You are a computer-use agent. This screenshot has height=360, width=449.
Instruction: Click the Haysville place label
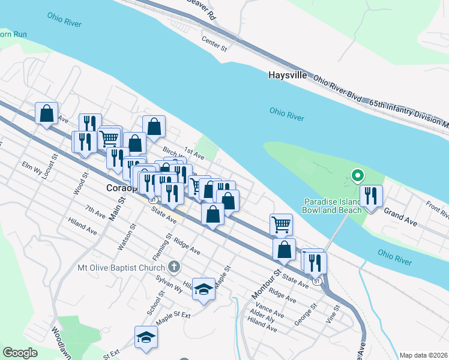[x=288, y=76]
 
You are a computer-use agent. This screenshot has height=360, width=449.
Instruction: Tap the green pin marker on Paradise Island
[x=357, y=176]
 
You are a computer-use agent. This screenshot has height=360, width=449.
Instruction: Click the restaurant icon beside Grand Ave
[x=371, y=196]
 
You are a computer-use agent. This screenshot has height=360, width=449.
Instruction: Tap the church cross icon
[x=174, y=266]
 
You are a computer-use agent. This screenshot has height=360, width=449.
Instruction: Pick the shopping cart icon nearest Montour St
[x=281, y=224]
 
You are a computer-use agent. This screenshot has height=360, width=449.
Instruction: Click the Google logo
[x=20, y=353]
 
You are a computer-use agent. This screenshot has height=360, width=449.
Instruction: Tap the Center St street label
[x=215, y=43]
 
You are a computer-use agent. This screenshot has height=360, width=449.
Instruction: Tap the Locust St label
[x=54, y=166]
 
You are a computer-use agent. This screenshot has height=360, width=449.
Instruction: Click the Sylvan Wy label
[x=169, y=284]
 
